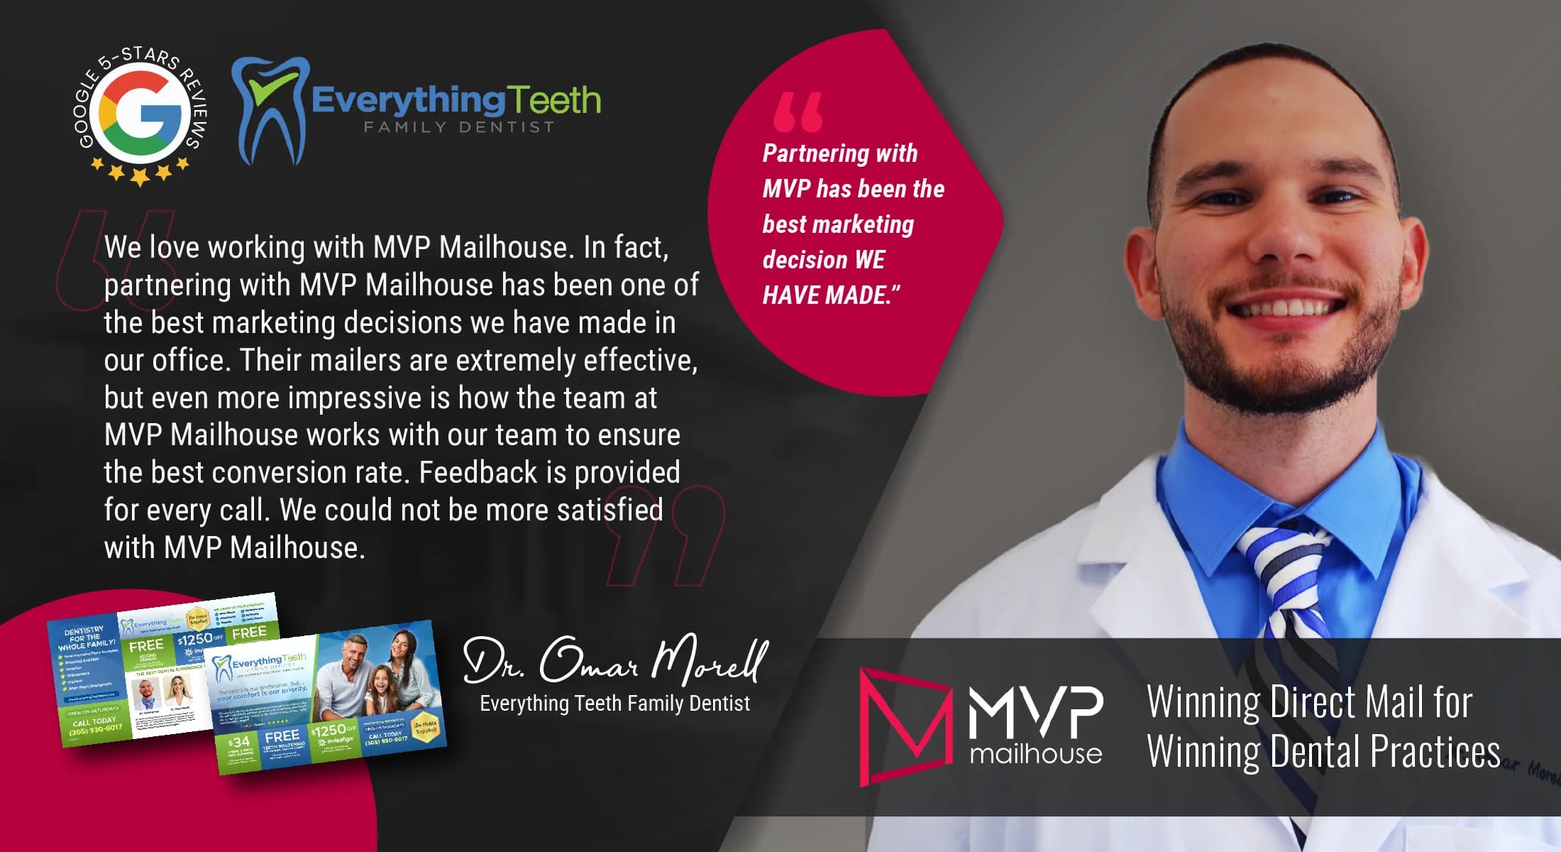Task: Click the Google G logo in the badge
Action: [x=140, y=111]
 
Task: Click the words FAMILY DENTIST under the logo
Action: [x=458, y=127]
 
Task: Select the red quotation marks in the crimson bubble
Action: [x=798, y=112]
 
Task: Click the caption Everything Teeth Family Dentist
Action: [x=614, y=704]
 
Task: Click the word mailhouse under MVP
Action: [x=1035, y=753]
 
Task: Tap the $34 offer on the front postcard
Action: [x=239, y=742]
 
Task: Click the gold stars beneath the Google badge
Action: [x=140, y=172]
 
